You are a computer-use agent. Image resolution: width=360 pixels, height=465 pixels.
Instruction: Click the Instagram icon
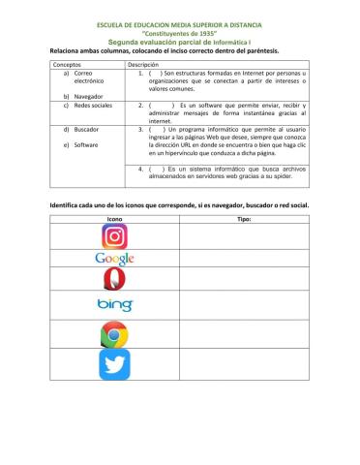[114, 234]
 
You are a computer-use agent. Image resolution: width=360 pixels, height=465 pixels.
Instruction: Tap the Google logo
[114, 259]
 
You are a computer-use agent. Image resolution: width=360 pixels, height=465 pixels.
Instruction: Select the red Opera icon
[114, 282]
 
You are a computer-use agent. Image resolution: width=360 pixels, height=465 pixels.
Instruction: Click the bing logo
[114, 306]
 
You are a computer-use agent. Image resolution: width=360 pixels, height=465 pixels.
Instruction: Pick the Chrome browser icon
[114, 334]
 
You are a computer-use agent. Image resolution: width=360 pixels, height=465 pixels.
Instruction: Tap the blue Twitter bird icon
[114, 364]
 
